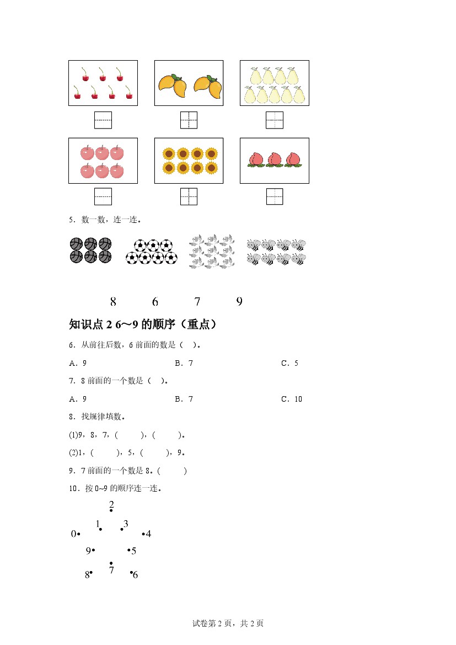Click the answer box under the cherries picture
click(103, 120)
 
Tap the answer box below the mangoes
click(189, 120)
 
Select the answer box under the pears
click(274, 120)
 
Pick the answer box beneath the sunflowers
click(189, 196)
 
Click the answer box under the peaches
click(274, 196)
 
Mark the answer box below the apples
click(103, 196)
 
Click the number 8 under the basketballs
click(113, 302)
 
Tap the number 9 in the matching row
click(239, 302)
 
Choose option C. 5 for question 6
click(289, 363)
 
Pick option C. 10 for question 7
click(292, 399)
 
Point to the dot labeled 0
click(79, 534)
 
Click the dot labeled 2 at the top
click(111, 511)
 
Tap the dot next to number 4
click(143, 534)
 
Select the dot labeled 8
click(91, 573)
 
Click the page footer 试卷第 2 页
click(228, 623)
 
